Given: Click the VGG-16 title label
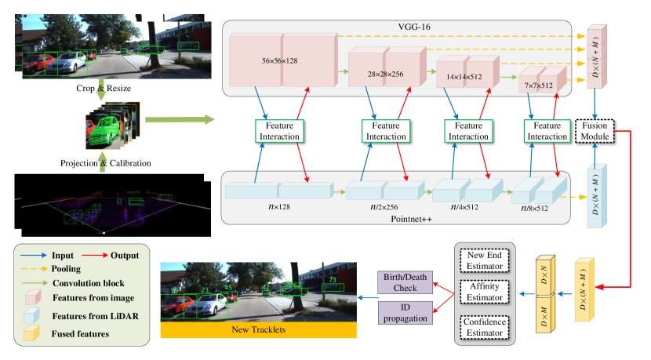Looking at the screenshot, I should point(398,27).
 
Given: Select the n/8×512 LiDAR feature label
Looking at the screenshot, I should point(536,209).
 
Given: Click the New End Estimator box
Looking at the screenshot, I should point(484,259).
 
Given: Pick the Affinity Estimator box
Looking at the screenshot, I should point(484,292).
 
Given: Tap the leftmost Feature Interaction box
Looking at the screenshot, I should point(279,131).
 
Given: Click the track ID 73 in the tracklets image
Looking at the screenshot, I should point(333,278).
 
